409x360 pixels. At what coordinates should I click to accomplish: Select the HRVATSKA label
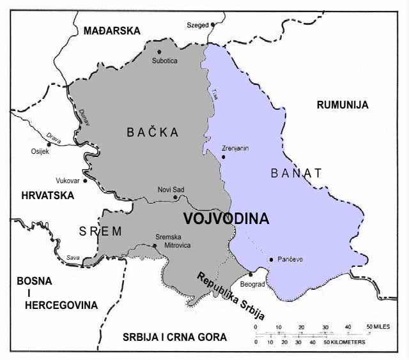click(48, 195)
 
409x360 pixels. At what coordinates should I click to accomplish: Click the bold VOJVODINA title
click(226, 218)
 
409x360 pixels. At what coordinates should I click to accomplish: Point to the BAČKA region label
click(152, 132)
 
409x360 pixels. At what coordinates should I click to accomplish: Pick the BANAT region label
click(296, 172)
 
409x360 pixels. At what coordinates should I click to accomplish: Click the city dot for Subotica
click(159, 52)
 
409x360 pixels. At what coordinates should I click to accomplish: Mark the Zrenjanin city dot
click(224, 156)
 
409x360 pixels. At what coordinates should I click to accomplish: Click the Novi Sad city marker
click(175, 197)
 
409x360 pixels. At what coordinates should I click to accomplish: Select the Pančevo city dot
click(272, 259)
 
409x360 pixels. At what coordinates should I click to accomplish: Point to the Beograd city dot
click(251, 274)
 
